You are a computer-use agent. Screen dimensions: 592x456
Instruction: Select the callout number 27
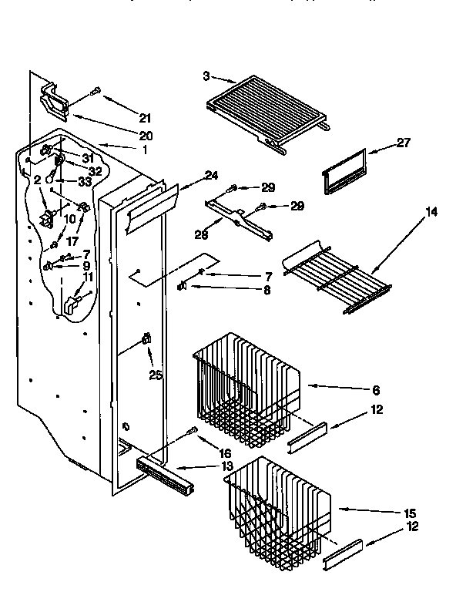tap(404, 143)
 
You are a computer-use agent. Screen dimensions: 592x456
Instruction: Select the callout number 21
tap(145, 118)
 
